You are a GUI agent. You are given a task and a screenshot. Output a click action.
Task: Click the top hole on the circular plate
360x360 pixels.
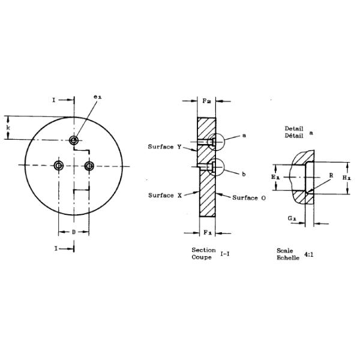74,140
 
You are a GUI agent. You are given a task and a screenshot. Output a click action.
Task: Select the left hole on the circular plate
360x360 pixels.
59,166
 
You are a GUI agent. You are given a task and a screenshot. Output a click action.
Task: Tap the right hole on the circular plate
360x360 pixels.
89,166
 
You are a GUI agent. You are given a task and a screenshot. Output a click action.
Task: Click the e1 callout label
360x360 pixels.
97,97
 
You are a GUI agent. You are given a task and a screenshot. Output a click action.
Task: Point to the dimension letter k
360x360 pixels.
8,128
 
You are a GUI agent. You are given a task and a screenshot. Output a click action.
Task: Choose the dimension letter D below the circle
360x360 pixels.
74,232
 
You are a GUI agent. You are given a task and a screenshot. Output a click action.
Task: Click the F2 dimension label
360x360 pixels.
206,101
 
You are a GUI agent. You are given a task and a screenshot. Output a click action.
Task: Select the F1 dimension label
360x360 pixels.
208,233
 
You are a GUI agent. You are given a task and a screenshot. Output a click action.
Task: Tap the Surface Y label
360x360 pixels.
164,147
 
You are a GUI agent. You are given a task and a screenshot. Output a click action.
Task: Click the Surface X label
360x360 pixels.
165,196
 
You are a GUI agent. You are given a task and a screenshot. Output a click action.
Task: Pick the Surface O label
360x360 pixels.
249,197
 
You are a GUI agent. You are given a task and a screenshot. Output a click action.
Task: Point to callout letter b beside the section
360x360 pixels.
244,175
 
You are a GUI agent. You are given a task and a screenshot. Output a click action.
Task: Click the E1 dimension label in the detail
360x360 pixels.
275,177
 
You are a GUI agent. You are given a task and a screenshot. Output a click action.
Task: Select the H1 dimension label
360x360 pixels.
347,178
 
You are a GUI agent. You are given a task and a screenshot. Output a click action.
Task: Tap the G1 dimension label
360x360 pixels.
292,218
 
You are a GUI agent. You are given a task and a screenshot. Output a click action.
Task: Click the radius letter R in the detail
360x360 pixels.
331,176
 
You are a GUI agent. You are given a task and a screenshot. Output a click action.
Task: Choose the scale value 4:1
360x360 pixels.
309,254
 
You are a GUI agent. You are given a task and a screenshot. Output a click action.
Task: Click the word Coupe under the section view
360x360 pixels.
202,257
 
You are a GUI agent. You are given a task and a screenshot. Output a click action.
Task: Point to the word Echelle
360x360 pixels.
288,257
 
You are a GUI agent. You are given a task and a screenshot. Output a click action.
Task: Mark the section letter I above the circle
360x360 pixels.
54,100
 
